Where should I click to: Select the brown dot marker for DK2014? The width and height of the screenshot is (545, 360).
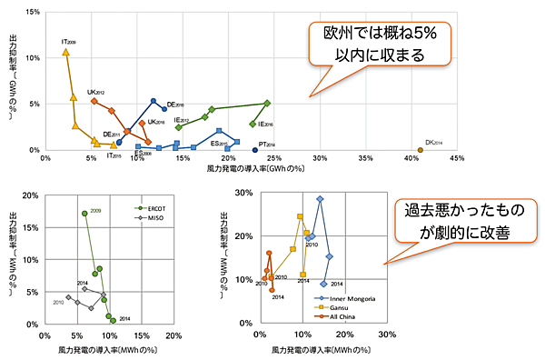click(420, 149)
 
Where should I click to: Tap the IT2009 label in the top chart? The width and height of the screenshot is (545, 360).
click(69, 42)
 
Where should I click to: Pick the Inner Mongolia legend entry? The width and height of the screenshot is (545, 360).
click(346, 297)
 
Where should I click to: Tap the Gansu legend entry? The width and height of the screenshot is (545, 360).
click(337, 308)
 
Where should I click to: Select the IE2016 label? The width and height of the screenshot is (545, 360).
click(266, 123)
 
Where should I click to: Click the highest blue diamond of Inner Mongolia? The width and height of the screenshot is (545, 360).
click(320, 199)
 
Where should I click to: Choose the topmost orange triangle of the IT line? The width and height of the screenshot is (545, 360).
click(65, 52)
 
